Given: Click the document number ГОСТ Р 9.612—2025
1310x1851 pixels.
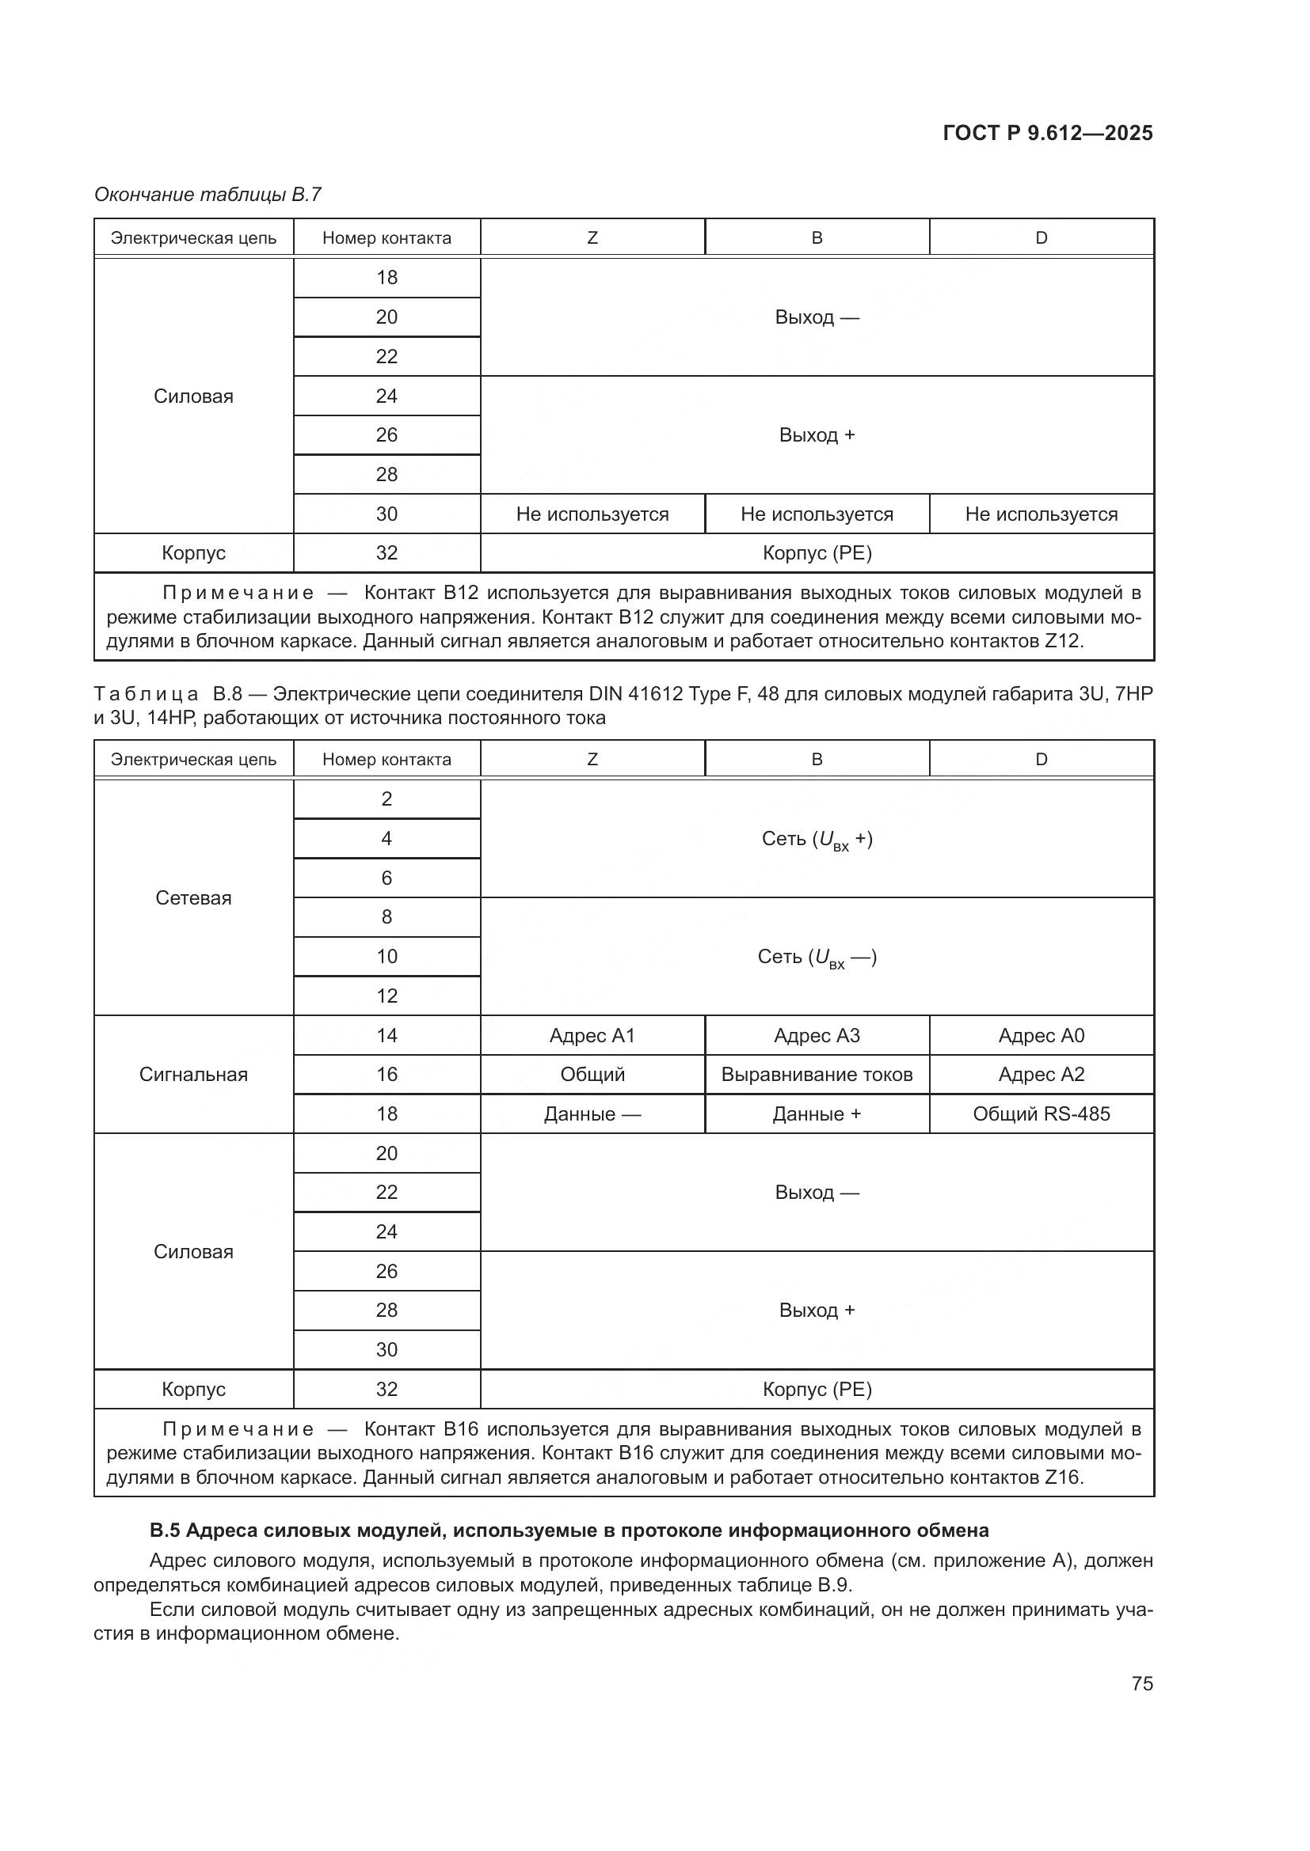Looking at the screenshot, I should coord(1047,133).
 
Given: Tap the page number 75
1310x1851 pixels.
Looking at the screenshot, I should coord(1141,1683).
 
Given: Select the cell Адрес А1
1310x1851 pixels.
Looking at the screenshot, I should coord(592,1035).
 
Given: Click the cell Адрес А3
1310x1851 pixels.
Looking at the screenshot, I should coord(817,1035).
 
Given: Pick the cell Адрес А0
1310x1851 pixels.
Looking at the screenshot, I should coord(1041,1035).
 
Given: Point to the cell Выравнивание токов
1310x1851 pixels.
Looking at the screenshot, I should coord(817,1074).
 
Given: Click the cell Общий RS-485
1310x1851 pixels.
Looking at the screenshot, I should coord(1041,1113).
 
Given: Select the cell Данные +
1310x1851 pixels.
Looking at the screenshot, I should coord(817,1113).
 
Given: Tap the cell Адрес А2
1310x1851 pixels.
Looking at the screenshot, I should coord(1041,1074).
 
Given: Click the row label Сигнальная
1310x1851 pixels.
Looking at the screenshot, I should coord(193,1074).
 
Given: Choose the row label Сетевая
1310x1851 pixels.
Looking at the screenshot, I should coord(193,897).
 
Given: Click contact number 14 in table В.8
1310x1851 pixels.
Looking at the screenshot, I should coord(387,1035).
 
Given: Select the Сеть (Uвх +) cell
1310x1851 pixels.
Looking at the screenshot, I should coord(817,839).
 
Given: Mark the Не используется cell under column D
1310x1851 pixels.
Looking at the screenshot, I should coord(1041,514).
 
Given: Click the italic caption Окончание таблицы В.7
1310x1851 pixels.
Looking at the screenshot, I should coord(208,195).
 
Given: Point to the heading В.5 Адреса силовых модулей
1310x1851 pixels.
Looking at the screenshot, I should coord(569,1530).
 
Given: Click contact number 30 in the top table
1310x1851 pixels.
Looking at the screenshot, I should coord(387,514).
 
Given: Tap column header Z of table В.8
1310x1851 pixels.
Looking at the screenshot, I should coord(592,760).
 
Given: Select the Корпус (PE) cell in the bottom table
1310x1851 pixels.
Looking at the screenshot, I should coord(817,1389).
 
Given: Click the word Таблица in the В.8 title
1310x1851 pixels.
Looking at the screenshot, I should coord(146,694).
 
